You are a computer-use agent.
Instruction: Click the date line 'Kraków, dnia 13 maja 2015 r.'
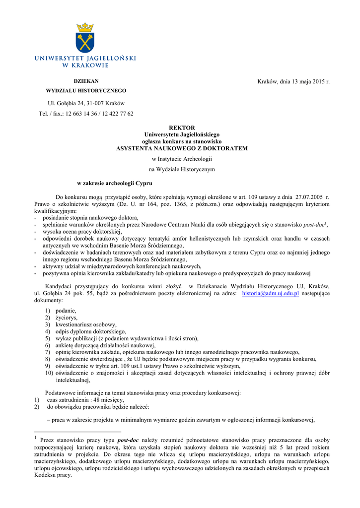(293, 81)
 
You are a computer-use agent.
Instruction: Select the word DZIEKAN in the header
(86, 81)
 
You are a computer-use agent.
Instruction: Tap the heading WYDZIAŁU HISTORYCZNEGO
(86, 91)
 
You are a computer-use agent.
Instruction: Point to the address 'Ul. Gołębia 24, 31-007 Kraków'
(86, 103)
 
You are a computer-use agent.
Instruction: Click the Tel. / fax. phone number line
(86, 114)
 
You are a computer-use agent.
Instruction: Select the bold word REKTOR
(182, 128)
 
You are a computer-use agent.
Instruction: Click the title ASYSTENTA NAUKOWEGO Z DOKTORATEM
(182, 148)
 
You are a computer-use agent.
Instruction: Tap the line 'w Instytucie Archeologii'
(182, 159)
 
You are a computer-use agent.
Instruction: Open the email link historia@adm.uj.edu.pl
(270, 294)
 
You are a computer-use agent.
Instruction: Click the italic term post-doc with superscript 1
(315, 225)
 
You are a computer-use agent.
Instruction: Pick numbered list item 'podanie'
(66, 311)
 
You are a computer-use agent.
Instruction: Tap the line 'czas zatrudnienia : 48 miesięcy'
(85, 400)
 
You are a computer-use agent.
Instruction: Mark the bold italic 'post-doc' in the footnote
(128, 440)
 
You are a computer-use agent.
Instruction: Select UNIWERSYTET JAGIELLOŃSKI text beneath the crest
(85, 59)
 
